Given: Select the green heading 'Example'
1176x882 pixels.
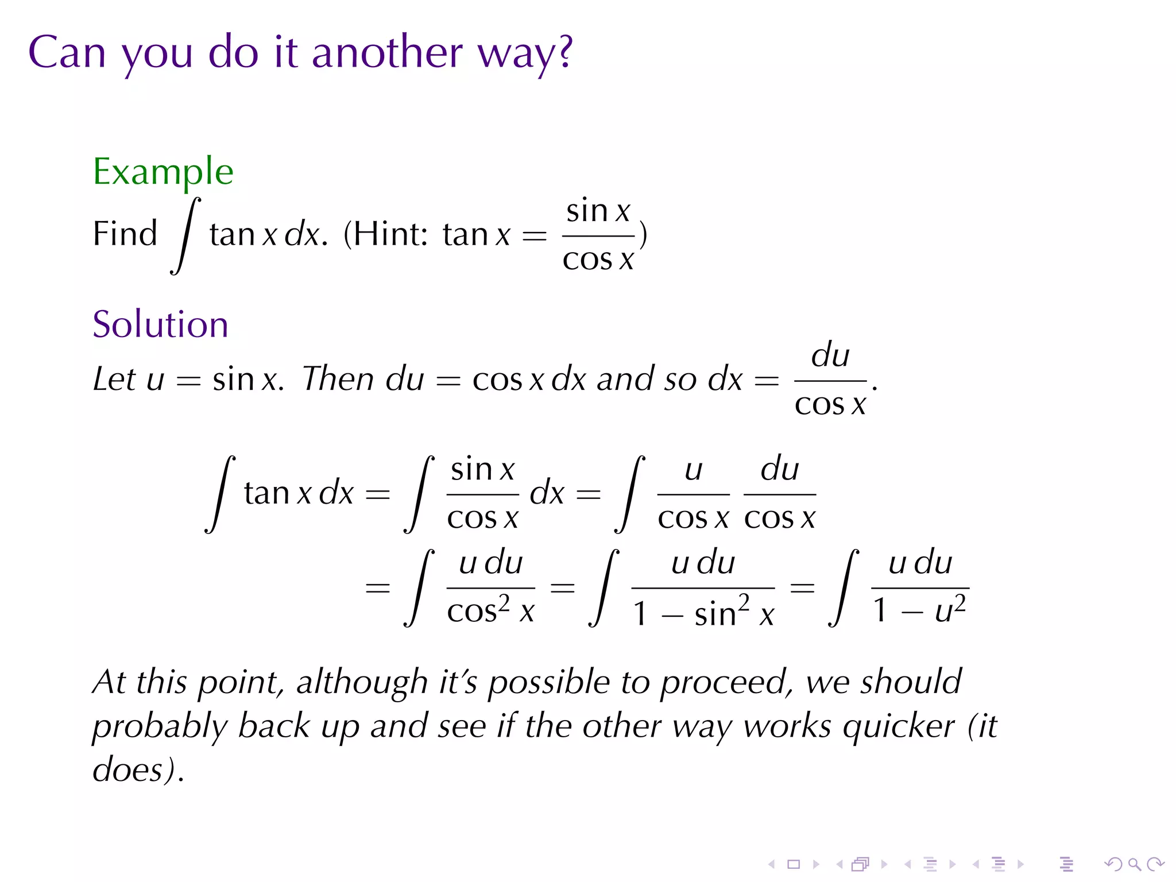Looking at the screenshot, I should pos(163,172).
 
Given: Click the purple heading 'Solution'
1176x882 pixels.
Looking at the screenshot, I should pos(160,324).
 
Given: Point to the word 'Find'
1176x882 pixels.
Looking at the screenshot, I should pos(125,234).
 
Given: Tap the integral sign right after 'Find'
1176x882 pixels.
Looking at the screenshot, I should pos(185,235).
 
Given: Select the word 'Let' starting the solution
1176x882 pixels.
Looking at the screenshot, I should pos(114,379).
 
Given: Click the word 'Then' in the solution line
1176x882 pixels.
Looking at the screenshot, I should pos(338,379).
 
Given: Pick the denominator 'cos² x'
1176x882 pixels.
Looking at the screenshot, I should pos(490,611).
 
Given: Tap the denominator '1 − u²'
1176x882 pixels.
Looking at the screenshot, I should pos(919,611).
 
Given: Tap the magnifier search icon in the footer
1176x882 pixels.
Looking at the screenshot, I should pos(1134,864).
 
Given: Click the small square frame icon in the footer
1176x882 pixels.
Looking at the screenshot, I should pos(794,864).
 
